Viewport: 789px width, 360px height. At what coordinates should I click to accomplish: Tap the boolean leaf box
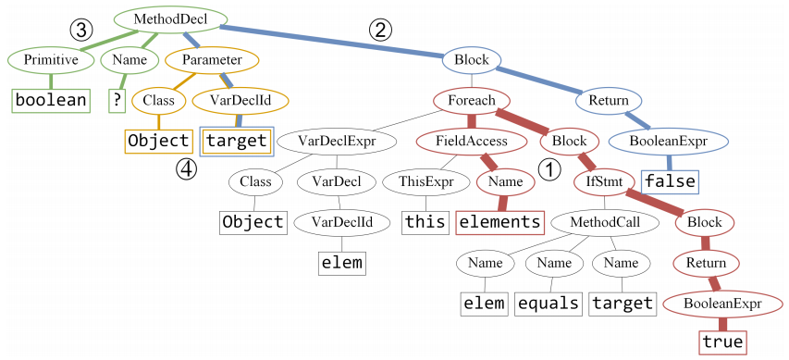pyautogui.click(x=50, y=100)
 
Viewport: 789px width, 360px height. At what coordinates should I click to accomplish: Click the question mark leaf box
pyautogui.click(x=117, y=100)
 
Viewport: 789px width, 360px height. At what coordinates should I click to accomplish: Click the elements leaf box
pyautogui.click(x=500, y=222)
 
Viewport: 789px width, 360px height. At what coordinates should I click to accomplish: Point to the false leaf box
pyautogui.click(x=671, y=181)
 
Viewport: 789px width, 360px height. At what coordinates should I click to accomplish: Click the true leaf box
pyautogui.click(x=722, y=342)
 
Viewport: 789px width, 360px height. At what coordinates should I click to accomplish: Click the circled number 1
pyautogui.click(x=549, y=170)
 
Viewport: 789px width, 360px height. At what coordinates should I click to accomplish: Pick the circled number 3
pyautogui.click(x=82, y=30)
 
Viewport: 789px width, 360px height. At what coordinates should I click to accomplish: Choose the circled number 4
pyautogui.click(x=189, y=169)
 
